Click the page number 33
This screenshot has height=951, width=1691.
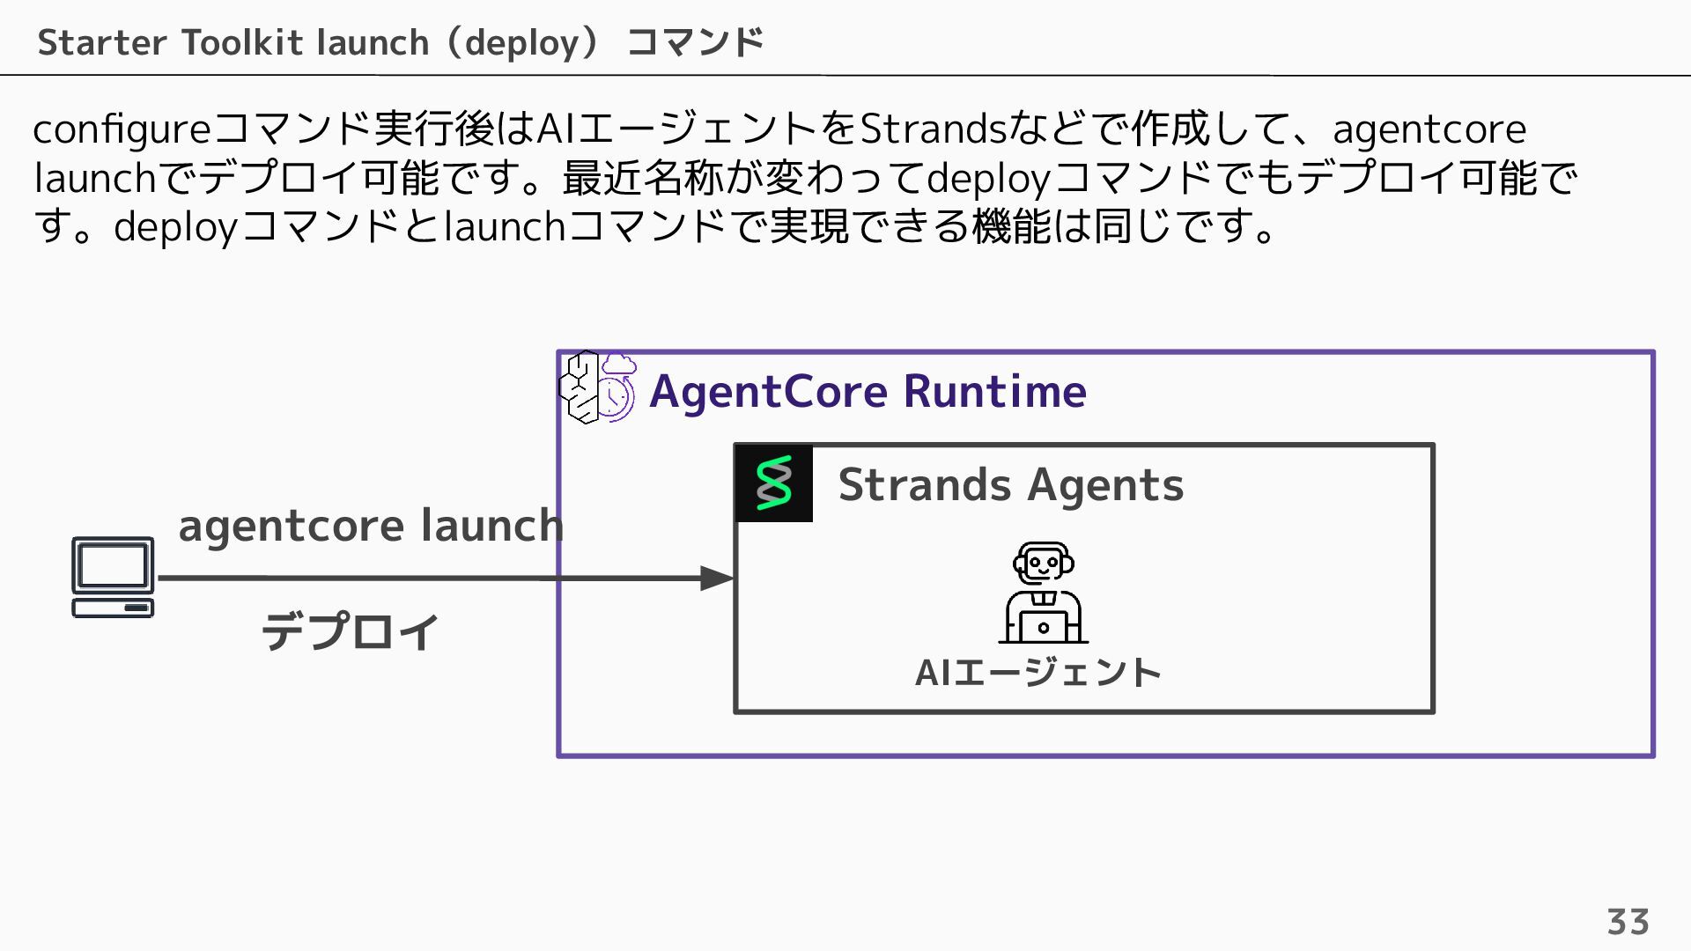point(1628,922)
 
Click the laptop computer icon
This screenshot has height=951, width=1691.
point(113,578)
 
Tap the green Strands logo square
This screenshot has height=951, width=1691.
point(774,483)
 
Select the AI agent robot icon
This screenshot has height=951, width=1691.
point(1044,593)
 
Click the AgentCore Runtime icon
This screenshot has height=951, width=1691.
point(597,387)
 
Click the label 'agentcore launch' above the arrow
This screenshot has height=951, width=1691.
point(371,526)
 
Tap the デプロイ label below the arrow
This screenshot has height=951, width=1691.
point(351,631)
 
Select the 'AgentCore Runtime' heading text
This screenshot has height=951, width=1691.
point(868,391)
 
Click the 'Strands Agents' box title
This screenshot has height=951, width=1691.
point(1010,484)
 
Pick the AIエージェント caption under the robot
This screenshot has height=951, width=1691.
point(1038,673)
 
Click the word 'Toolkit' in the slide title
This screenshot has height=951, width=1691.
point(243,42)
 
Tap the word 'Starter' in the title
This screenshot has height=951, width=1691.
point(102,42)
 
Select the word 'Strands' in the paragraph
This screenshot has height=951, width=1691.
point(933,129)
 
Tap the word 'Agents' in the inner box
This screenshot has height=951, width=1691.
point(1105,484)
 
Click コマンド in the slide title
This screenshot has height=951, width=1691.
point(695,42)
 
